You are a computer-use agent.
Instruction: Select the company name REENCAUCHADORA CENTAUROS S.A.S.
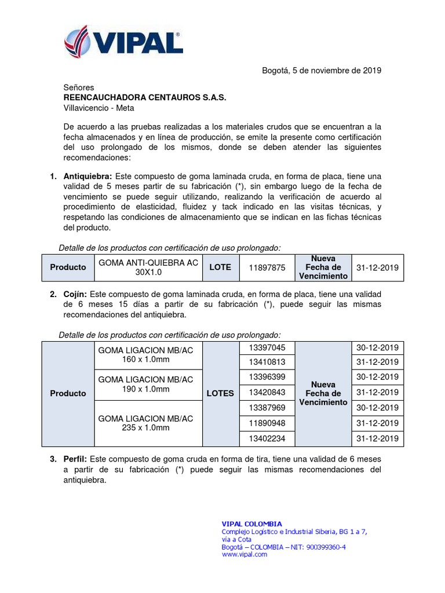click(x=145, y=97)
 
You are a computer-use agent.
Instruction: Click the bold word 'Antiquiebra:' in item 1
click(x=89, y=176)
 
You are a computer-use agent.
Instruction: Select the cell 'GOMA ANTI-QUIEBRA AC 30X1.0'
click(x=148, y=267)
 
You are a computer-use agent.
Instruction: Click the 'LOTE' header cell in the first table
click(x=220, y=268)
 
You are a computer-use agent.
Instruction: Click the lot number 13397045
click(x=267, y=347)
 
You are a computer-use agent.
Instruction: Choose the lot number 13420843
click(x=267, y=393)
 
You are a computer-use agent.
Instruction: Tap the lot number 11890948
click(x=267, y=423)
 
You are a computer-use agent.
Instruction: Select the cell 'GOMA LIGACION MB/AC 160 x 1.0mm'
click(x=145, y=355)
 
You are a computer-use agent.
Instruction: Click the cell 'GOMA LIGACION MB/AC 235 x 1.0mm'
click(x=145, y=423)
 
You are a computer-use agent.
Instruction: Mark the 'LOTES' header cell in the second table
click(x=220, y=393)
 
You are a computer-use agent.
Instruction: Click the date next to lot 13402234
click(x=378, y=438)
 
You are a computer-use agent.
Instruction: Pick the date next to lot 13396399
click(x=378, y=378)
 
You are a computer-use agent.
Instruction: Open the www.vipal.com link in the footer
click(x=245, y=554)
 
